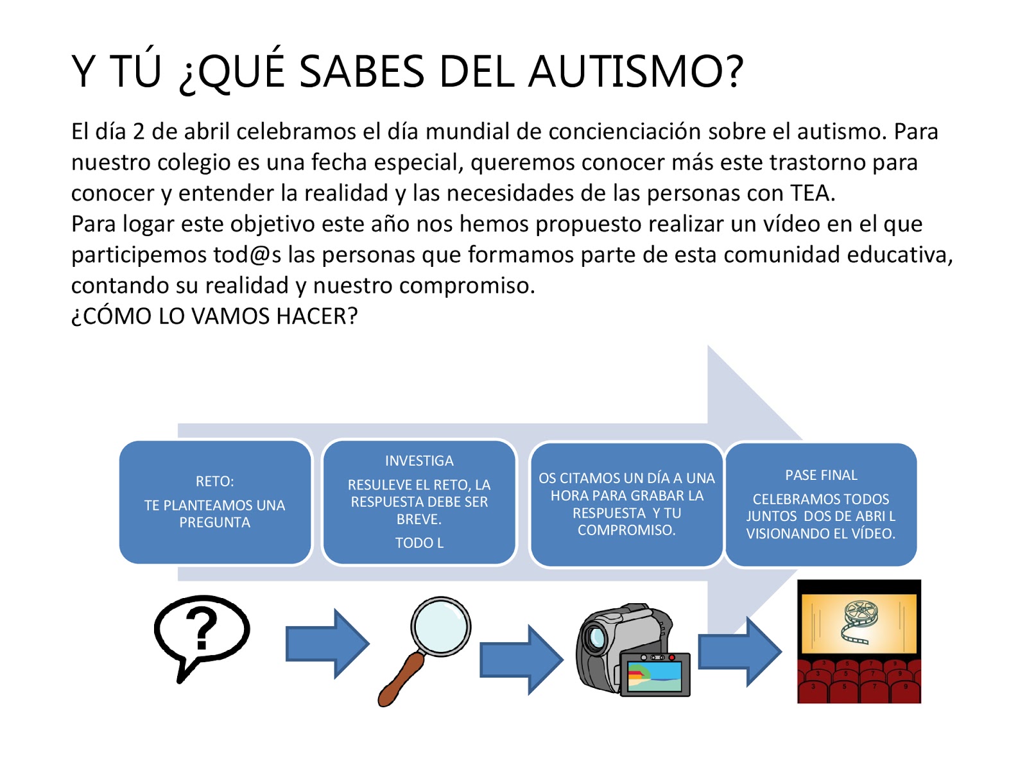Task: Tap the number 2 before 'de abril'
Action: tap(139, 132)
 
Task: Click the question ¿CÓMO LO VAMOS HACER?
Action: tap(214, 316)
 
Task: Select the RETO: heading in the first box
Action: tap(214, 481)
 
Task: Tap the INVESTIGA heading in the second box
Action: tap(419, 461)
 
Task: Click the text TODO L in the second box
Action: tap(419, 543)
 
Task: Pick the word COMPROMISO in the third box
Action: tap(626, 530)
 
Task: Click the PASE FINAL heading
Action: tap(821, 475)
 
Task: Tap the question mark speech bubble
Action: tap(201, 632)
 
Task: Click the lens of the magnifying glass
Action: tap(441, 626)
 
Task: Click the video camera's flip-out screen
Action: tap(655, 676)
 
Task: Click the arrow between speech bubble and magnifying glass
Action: tap(327, 644)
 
